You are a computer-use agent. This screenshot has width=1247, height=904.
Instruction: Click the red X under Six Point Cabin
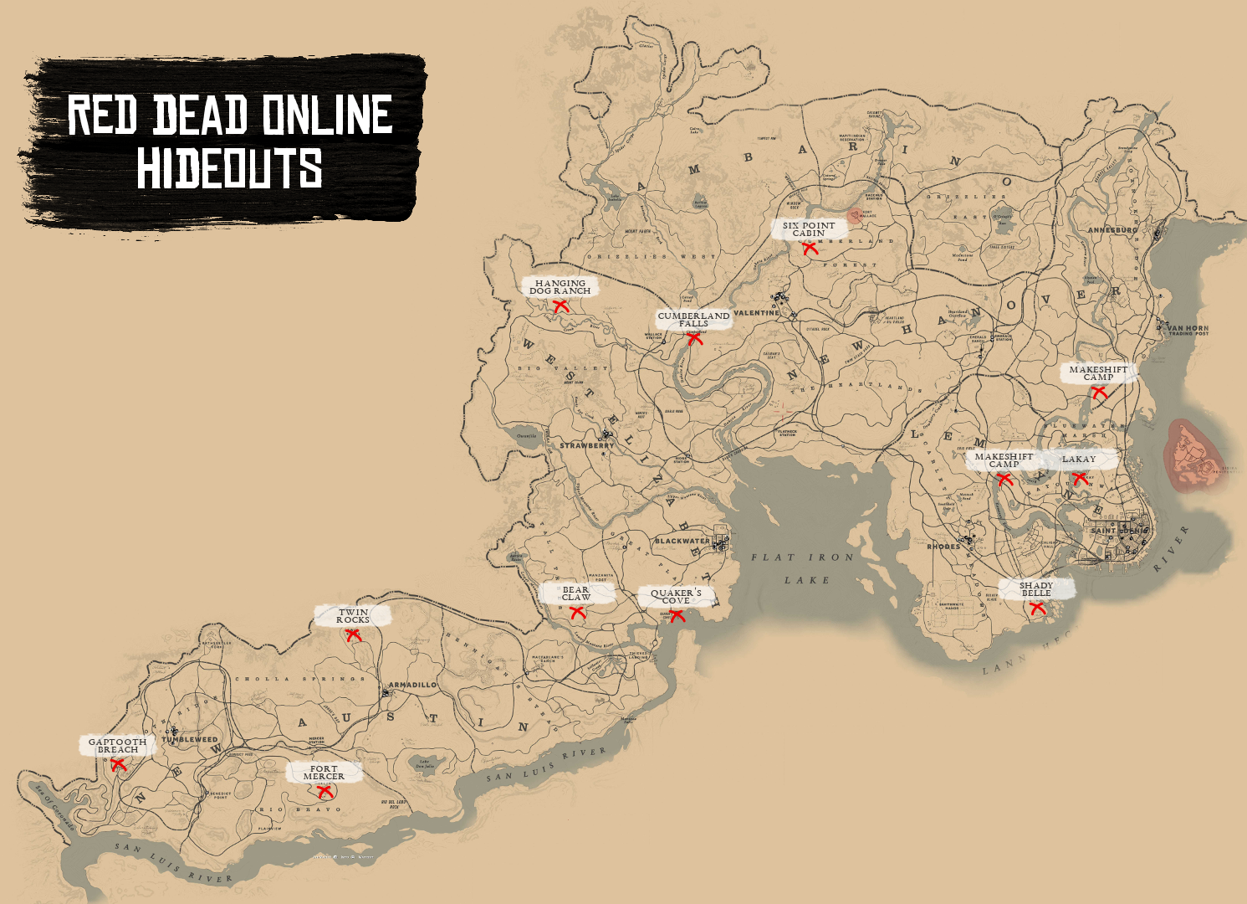point(810,249)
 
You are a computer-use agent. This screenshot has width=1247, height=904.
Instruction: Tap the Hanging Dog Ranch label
point(560,287)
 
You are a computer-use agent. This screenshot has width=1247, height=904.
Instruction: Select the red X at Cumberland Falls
point(695,339)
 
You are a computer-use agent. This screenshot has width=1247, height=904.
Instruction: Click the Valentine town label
point(756,313)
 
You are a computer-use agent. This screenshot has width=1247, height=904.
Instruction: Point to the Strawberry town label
point(586,446)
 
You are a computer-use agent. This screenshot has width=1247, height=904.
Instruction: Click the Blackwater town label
point(682,542)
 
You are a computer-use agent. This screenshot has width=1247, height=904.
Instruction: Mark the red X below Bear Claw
point(577,613)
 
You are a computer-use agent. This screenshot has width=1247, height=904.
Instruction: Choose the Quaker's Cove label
point(676,596)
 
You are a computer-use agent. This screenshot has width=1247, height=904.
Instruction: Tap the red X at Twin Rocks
point(353,635)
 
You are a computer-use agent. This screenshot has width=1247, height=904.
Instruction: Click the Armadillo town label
point(413,685)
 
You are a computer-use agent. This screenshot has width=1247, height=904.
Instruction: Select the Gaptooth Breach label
point(118,746)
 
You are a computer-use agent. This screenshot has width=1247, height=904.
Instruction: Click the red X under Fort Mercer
point(325,792)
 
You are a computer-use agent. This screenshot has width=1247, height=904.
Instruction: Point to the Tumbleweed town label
point(190,740)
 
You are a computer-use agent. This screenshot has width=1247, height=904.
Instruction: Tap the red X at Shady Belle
point(1038,609)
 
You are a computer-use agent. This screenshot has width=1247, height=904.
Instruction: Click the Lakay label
point(1079,460)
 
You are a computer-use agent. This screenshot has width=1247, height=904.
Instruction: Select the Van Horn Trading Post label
point(1188,331)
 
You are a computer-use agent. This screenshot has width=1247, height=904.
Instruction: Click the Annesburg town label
point(1112,230)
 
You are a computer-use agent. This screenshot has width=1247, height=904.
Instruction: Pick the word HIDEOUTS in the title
point(230,168)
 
